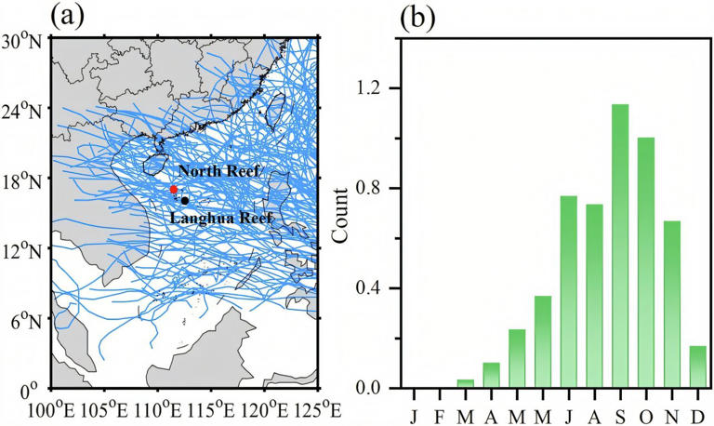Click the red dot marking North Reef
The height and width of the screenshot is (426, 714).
[x=174, y=190]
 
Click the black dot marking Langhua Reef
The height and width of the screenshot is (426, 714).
[x=185, y=200]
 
